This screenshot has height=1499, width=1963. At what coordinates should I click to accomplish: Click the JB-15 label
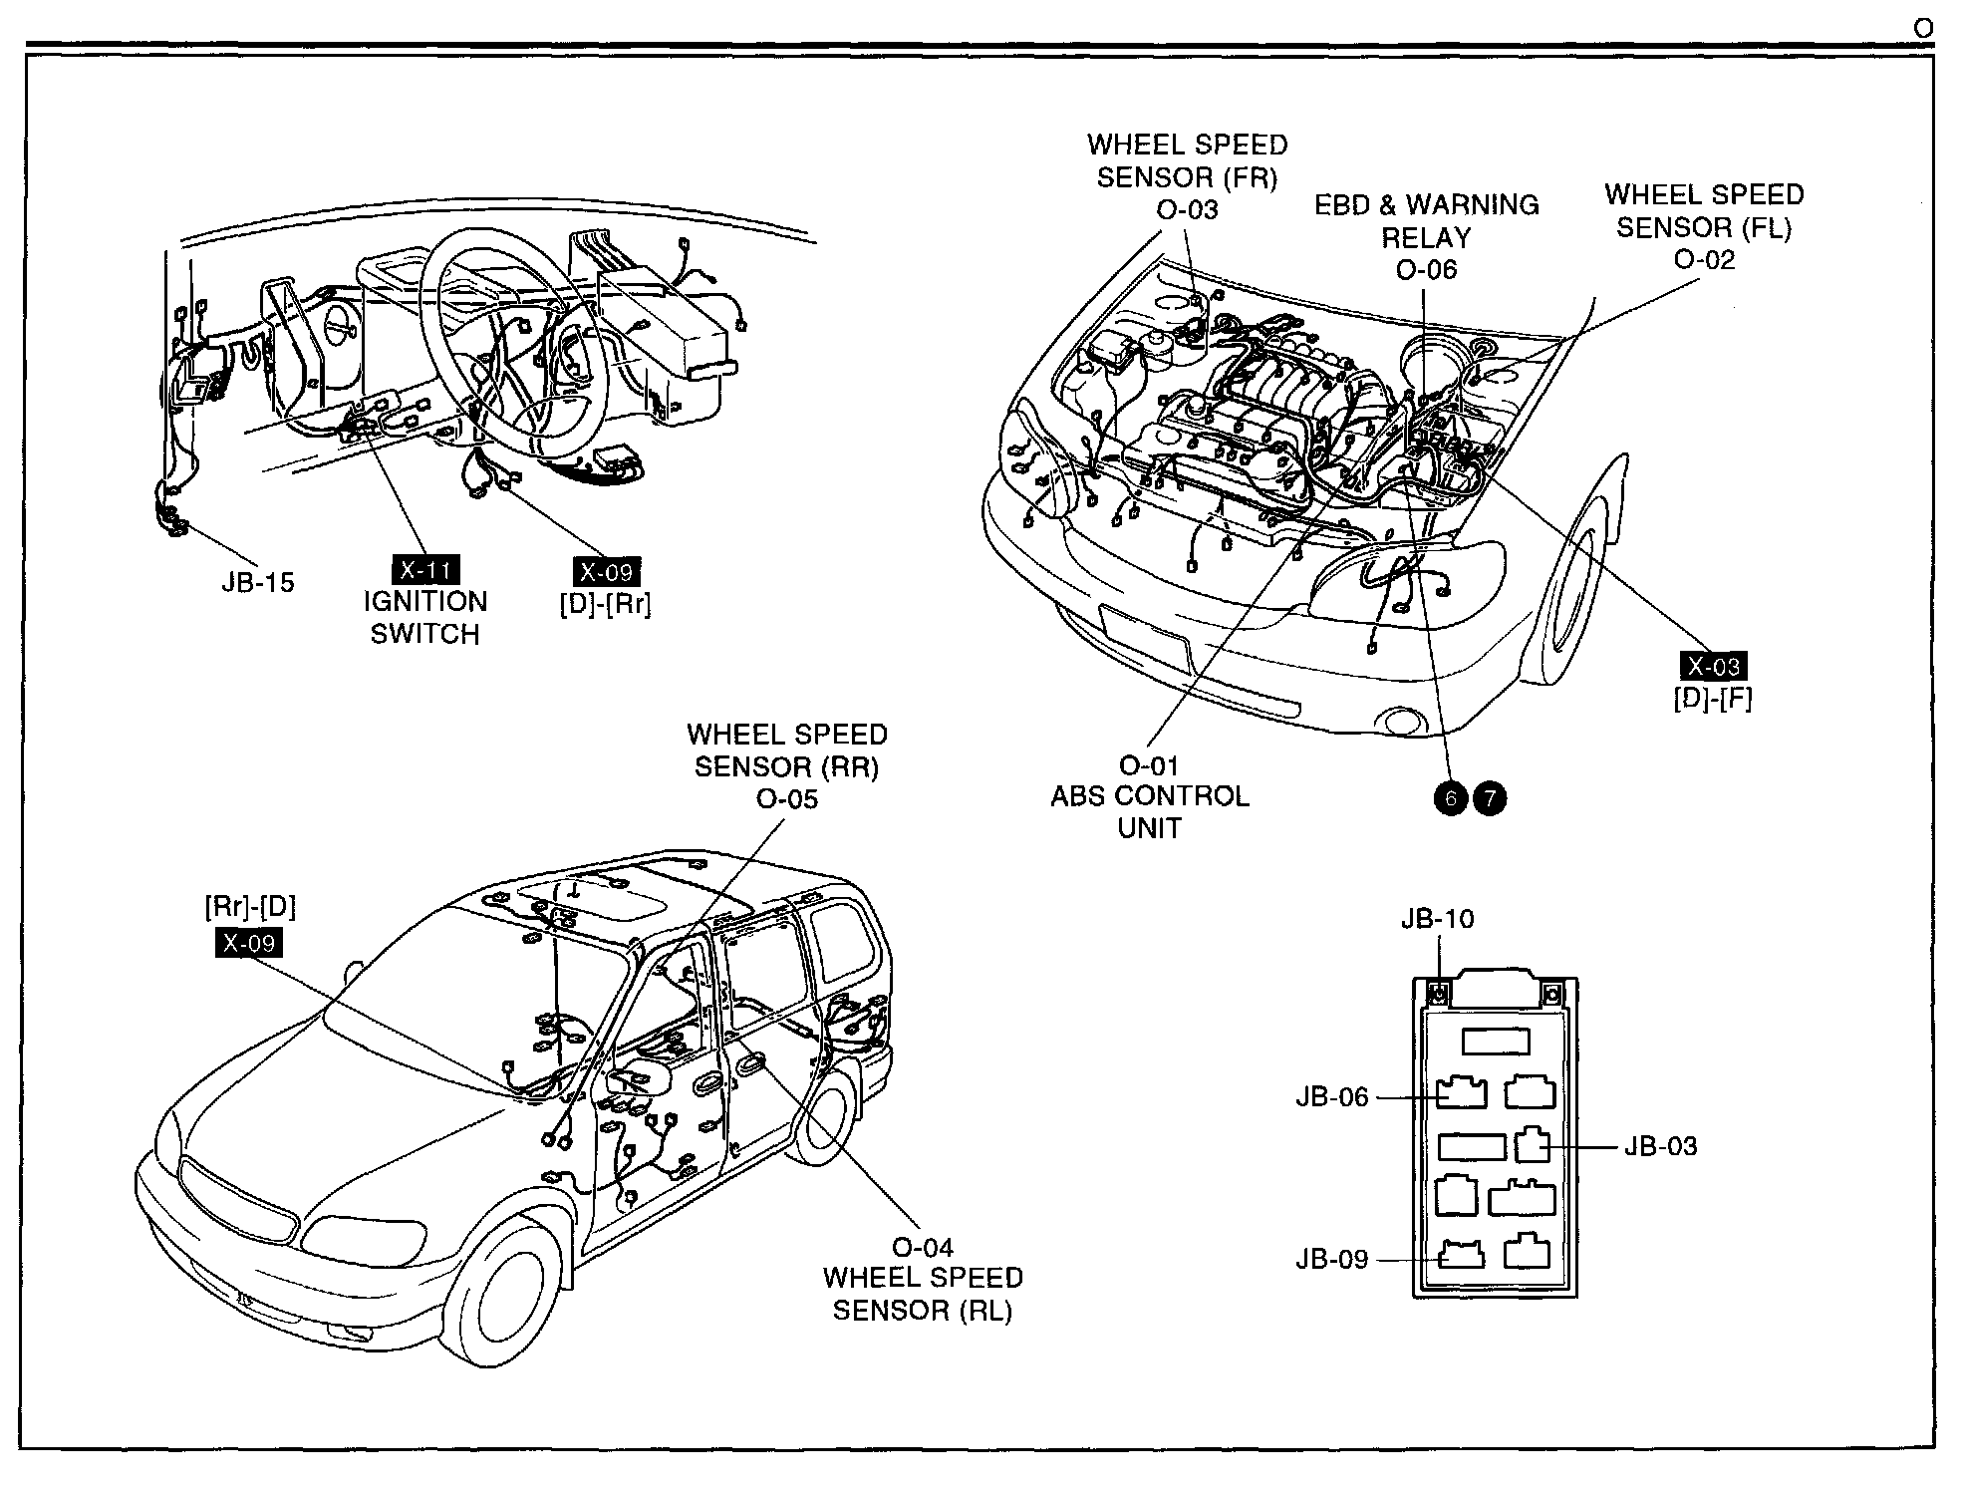[258, 582]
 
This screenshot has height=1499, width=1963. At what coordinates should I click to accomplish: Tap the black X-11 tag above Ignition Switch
[425, 571]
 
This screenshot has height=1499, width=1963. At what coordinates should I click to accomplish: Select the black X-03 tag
[1713, 666]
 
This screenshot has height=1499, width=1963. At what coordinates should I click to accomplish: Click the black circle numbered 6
[1451, 797]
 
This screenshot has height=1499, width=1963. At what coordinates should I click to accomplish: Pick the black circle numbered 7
[1490, 797]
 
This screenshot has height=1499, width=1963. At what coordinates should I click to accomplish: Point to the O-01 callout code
[1149, 765]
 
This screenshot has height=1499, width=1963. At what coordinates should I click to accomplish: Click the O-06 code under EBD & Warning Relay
[1426, 269]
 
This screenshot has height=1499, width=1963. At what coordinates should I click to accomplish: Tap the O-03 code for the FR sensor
[1187, 209]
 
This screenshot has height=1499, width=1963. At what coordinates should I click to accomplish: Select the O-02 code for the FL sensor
[1704, 259]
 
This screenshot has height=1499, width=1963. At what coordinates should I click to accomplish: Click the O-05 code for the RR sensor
[786, 799]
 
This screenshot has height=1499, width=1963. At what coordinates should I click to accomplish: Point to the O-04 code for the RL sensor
[923, 1247]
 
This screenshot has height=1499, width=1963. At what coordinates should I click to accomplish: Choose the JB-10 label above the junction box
[1437, 918]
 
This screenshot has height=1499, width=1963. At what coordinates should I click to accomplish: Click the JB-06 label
[1332, 1096]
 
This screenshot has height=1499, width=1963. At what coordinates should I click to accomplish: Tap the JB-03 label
[1661, 1146]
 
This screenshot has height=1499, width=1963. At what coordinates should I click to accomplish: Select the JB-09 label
[1332, 1259]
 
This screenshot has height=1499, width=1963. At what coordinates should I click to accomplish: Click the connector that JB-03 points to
[1533, 1145]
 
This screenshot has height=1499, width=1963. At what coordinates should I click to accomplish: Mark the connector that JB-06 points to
[1462, 1092]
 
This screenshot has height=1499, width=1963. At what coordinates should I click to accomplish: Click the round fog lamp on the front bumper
[1400, 722]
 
